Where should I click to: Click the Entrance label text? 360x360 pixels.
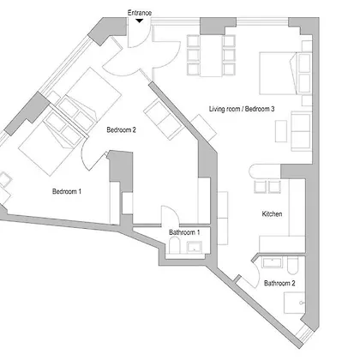point(140,13)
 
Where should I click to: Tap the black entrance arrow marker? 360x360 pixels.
point(139,21)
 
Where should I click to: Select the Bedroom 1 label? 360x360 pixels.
point(67,191)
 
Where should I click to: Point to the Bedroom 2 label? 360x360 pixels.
point(121,130)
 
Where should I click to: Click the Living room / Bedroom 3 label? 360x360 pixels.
point(242,109)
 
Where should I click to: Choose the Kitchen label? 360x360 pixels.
point(272,213)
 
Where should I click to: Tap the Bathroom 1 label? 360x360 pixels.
point(184,232)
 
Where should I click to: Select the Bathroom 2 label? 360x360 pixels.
point(279,283)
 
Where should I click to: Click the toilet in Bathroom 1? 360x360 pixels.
point(174,246)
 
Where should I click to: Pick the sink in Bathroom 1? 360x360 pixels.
point(195,247)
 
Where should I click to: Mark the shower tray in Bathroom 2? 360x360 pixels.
point(294,303)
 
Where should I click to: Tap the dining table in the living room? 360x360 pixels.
point(211,56)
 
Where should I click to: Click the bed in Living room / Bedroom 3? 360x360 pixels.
point(285,73)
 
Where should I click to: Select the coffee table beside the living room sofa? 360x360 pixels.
point(281,131)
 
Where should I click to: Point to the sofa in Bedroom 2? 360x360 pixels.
point(163,119)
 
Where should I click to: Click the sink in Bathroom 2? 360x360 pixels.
point(273,262)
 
